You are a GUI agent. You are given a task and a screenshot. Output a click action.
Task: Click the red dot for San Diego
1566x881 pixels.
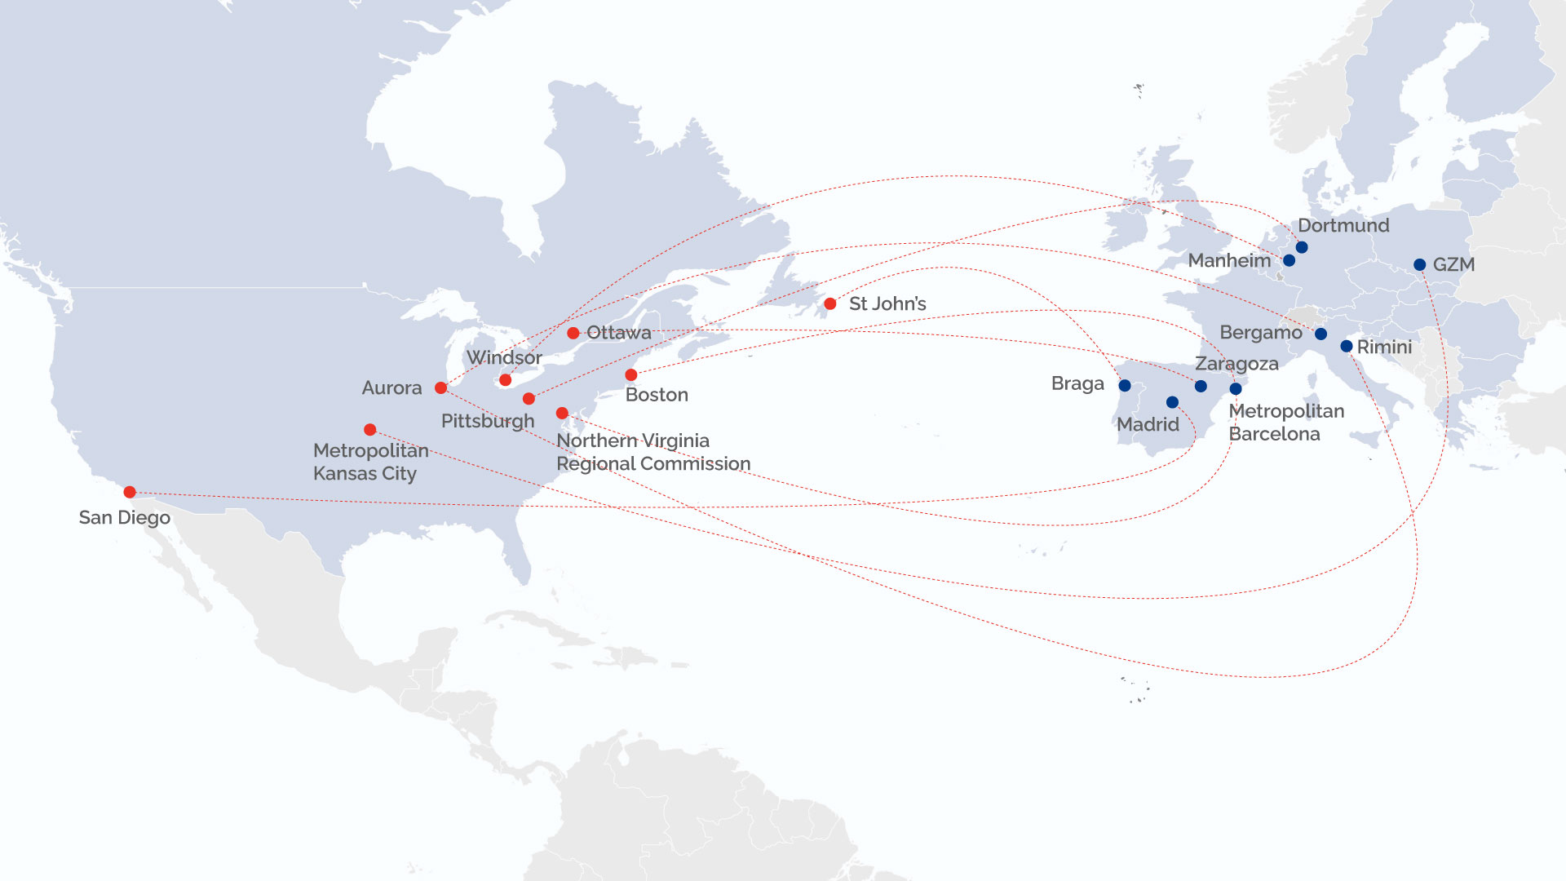[x=130, y=492]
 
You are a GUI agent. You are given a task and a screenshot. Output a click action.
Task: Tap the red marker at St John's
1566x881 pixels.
[x=829, y=304]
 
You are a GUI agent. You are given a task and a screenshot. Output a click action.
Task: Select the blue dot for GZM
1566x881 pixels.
[x=1419, y=265]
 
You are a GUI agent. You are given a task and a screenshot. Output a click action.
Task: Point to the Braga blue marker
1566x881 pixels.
[x=1125, y=386]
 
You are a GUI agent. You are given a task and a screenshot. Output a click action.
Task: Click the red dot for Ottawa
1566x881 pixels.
[x=573, y=333]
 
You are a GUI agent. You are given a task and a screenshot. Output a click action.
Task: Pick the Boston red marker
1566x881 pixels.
[x=630, y=375]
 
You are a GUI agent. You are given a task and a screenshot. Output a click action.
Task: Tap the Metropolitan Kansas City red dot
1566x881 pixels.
[x=369, y=430]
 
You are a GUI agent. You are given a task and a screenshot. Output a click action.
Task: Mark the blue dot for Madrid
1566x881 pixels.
[x=1172, y=402]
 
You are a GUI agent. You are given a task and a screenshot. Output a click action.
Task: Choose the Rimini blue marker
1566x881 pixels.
[x=1347, y=347]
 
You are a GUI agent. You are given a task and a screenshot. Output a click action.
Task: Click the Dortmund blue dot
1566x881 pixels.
[x=1302, y=247]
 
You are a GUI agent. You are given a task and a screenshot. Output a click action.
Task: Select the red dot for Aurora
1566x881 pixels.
[x=440, y=388]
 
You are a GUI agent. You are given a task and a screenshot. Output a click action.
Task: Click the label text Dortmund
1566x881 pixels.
[x=1343, y=226]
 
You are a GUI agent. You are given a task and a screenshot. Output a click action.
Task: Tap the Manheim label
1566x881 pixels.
[x=1229, y=261]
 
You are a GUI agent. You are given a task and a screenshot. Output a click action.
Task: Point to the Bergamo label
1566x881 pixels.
[x=1260, y=333]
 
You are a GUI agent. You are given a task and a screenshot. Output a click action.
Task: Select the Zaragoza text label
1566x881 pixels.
[x=1236, y=364]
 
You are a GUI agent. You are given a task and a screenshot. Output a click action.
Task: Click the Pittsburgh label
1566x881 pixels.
[x=488, y=422]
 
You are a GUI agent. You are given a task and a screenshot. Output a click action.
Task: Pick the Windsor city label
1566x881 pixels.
[x=504, y=358]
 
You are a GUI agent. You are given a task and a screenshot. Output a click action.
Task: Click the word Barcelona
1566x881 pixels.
[x=1274, y=434]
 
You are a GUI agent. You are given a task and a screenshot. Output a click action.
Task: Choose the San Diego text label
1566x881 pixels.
[x=125, y=518]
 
